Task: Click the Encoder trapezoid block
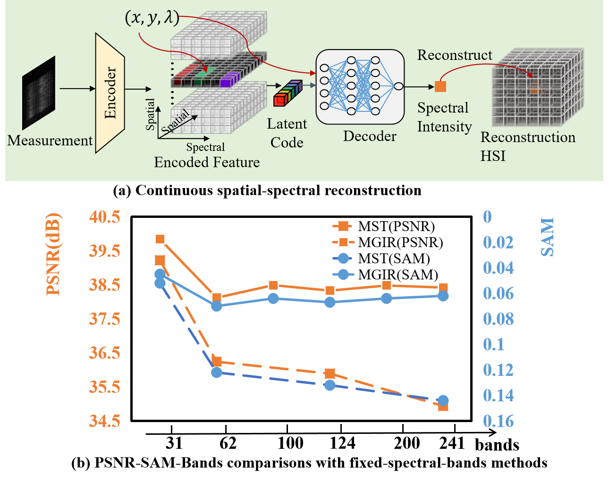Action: point(110,92)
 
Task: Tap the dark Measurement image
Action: point(39,92)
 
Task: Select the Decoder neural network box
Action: point(360,86)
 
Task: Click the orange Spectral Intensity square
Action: point(440,86)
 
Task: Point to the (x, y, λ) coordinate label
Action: point(152,18)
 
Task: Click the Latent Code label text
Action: point(287,133)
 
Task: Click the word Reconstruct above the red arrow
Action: point(455,55)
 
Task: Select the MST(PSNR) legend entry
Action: point(383,226)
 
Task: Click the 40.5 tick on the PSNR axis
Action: point(105,217)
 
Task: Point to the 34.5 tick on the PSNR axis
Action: point(105,421)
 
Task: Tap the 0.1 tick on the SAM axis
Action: point(494,344)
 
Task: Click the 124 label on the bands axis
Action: point(342,443)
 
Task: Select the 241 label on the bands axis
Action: point(452,443)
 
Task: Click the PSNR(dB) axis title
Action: point(54,255)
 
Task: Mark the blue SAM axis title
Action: point(547,237)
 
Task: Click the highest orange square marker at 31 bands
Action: point(160,240)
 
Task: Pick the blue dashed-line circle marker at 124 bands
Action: point(330,385)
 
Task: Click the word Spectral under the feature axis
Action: point(205,147)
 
